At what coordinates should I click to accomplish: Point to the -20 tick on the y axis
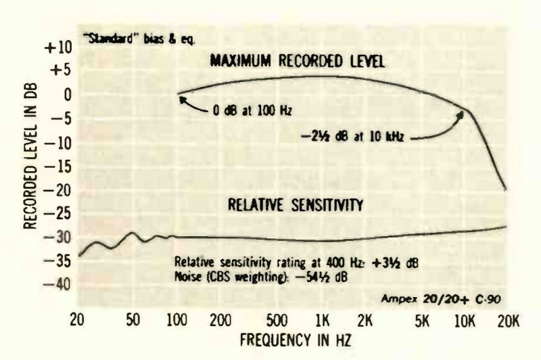[56, 189]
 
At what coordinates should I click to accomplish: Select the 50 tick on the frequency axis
[133, 319]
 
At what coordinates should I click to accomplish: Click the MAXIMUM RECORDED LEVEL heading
[298, 62]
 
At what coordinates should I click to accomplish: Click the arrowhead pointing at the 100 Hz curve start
[182, 99]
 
